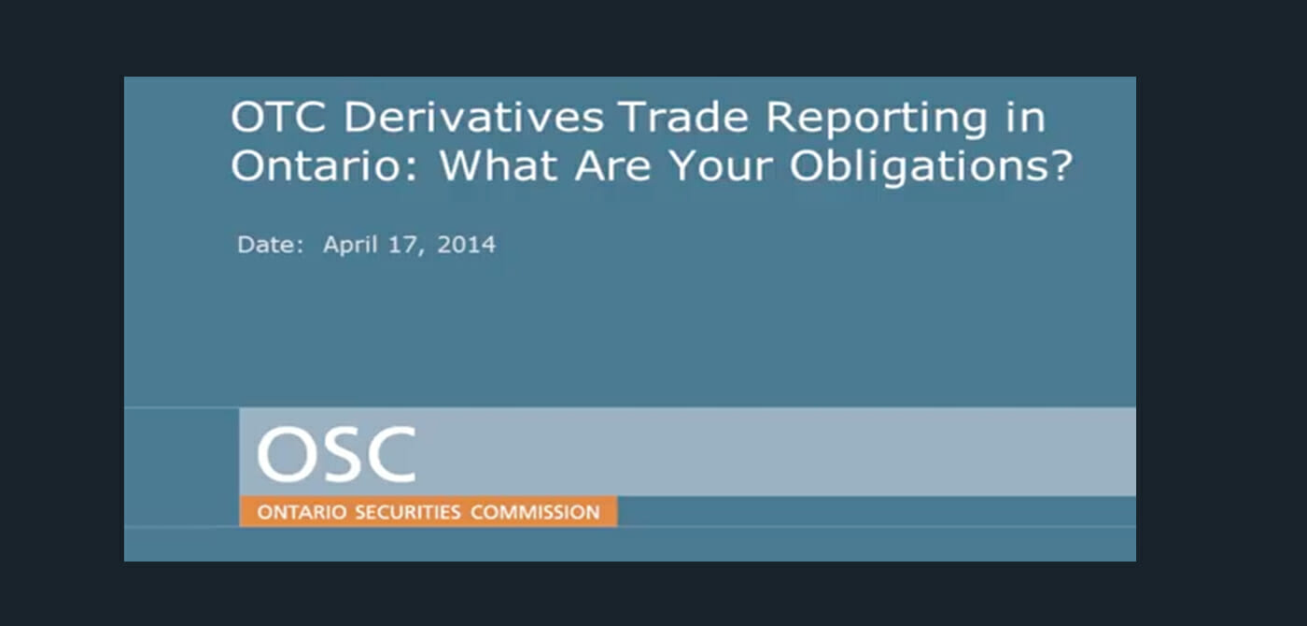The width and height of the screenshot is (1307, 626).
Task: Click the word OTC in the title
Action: point(278,117)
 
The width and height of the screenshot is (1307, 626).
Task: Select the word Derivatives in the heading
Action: point(473,117)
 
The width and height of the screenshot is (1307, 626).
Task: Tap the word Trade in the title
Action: point(683,117)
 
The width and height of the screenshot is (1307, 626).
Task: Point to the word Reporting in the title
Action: point(876,120)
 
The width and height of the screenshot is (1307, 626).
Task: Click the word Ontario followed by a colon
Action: point(324,165)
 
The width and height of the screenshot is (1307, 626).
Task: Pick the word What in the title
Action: point(498,165)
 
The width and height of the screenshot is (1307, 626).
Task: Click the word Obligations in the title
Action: point(921,168)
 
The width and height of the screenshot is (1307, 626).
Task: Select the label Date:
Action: point(270,244)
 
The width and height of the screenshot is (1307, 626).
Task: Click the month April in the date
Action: point(351,245)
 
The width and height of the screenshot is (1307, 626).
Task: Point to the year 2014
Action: point(466,244)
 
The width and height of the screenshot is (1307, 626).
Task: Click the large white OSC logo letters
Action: point(337,454)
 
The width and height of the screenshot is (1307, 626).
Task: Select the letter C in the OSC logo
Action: point(391,454)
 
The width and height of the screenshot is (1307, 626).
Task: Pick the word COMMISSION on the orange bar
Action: point(535,512)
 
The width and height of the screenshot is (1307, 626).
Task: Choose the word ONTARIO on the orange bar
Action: point(302,512)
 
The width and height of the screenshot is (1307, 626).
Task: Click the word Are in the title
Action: point(612,165)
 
